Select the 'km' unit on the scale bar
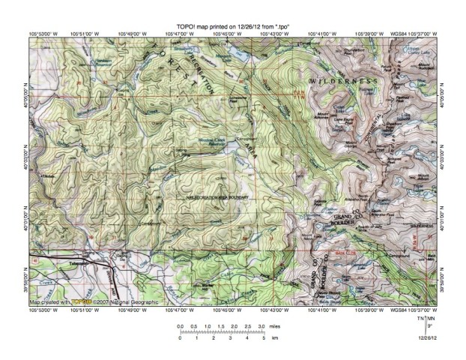(275, 339)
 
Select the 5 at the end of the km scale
(263, 339)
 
